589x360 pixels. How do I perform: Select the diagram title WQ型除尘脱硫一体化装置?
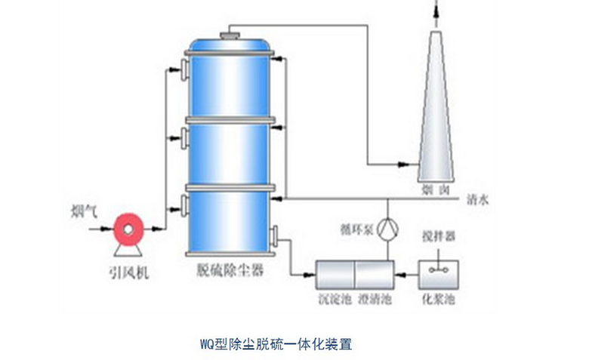(x=276, y=344)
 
